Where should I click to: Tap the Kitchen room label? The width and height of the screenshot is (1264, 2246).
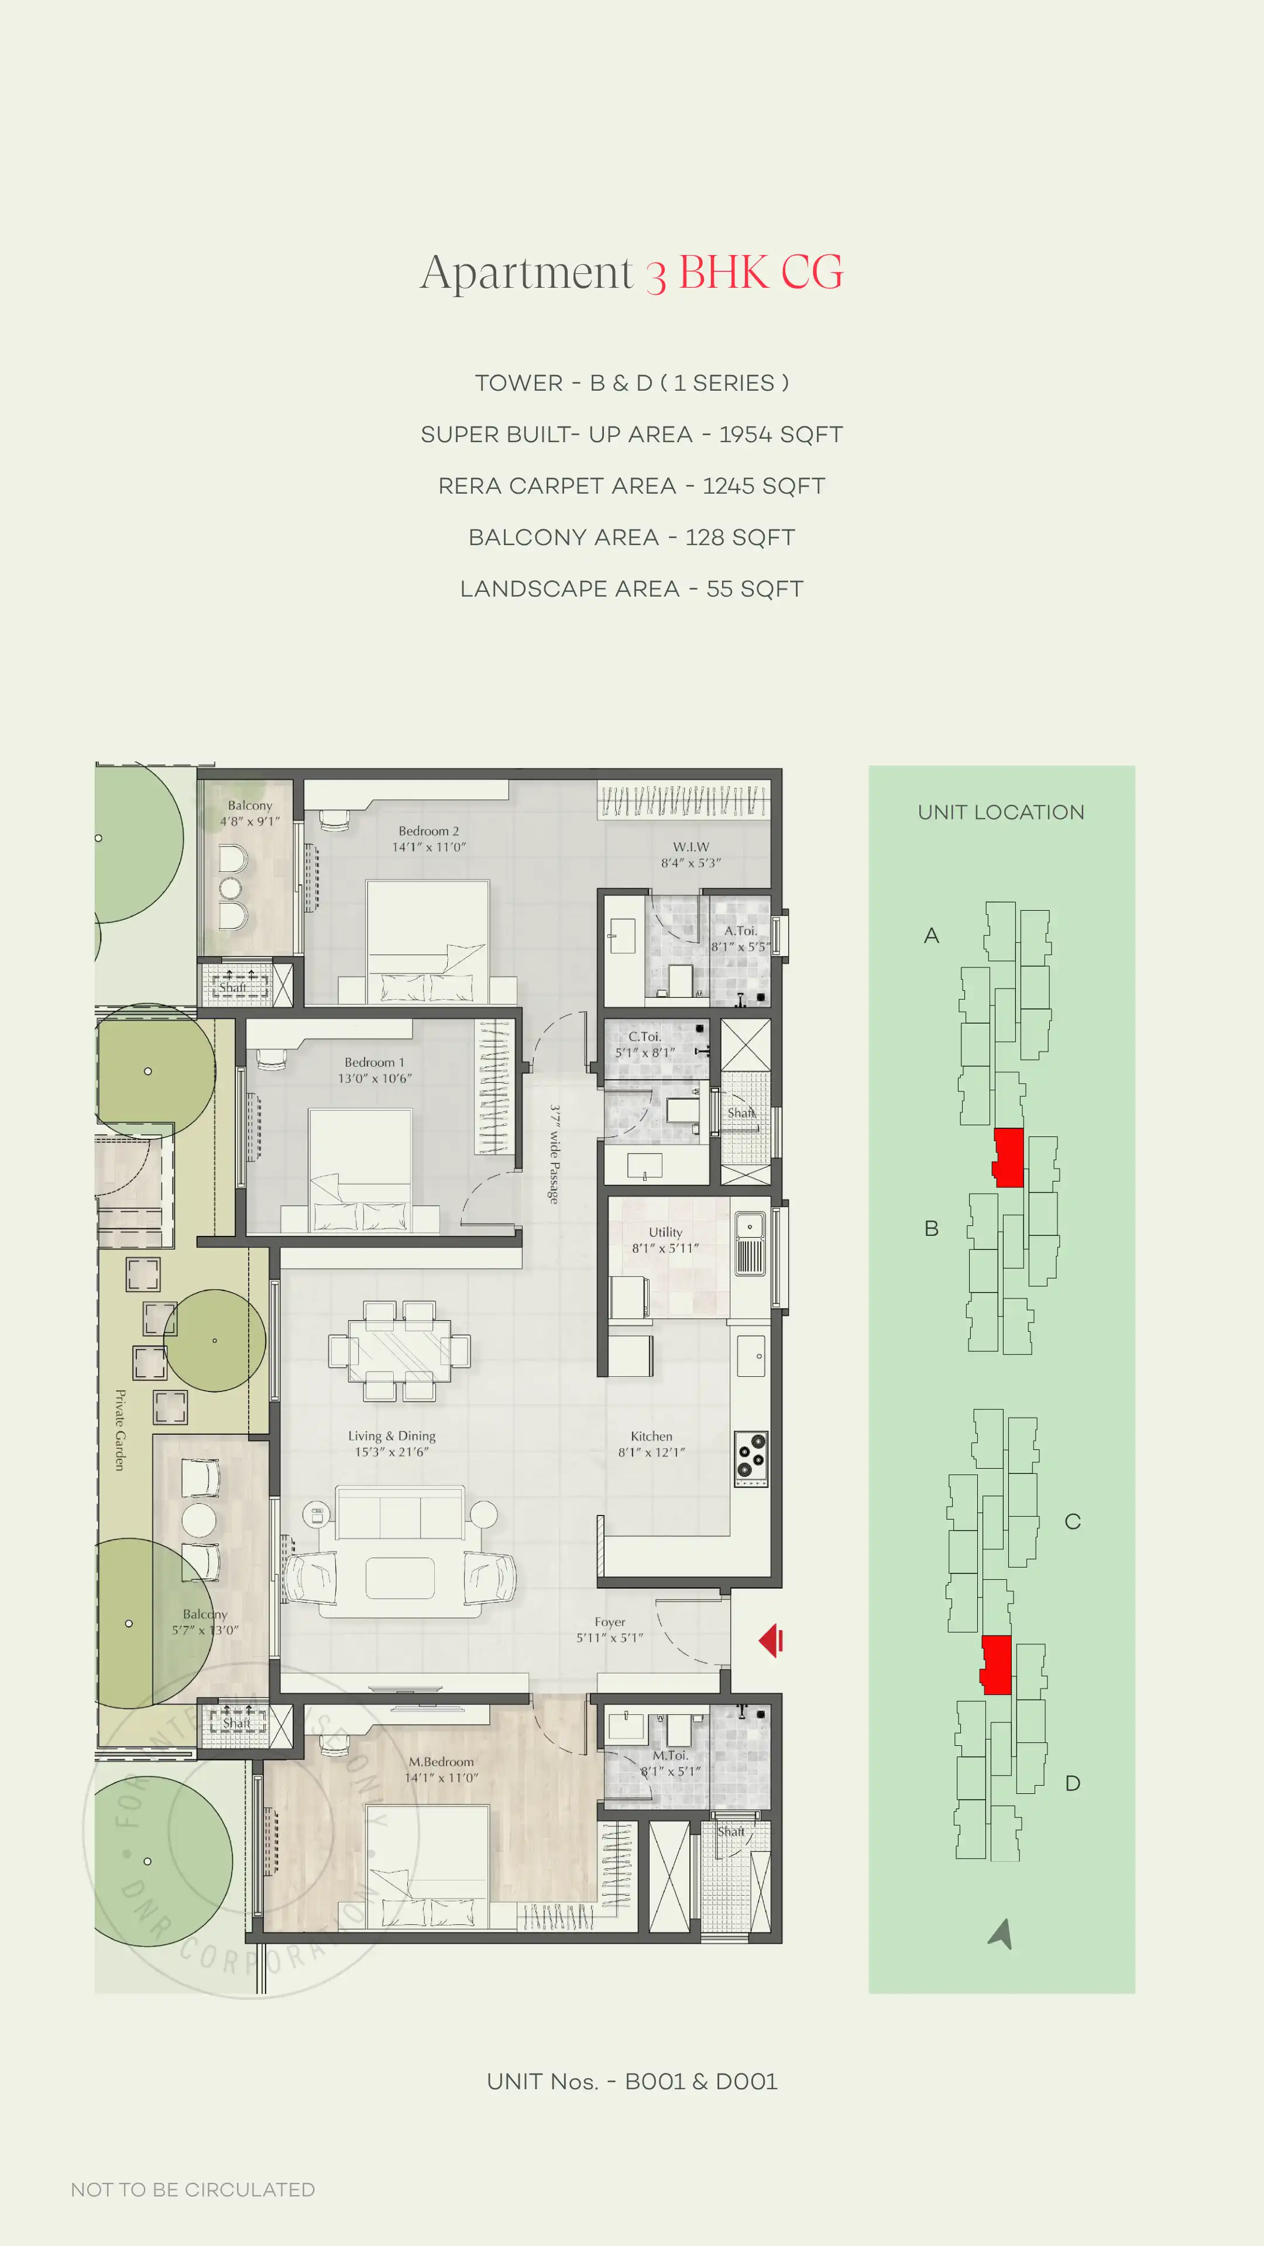(652, 1436)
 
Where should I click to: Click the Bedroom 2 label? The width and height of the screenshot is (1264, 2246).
(428, 831)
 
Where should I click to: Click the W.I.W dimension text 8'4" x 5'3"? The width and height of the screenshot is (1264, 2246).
(690, 863)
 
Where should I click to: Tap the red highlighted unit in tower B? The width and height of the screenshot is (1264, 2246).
(1008, 1157)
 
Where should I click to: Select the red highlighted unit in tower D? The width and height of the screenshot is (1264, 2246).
(996, 1665)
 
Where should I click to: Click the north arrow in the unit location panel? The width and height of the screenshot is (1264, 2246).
(1001, 1933)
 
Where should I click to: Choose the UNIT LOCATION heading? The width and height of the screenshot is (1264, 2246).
(1001, 812)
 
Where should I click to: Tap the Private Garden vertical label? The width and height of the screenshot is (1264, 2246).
(121, 1430)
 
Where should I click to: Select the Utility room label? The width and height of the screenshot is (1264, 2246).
(665, 1232)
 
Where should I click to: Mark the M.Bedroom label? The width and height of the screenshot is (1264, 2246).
(441, 1762)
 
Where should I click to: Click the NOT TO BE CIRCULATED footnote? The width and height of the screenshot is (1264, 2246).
(193, 2189)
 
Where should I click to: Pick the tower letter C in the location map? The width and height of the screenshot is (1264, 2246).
(1072, 1521)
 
